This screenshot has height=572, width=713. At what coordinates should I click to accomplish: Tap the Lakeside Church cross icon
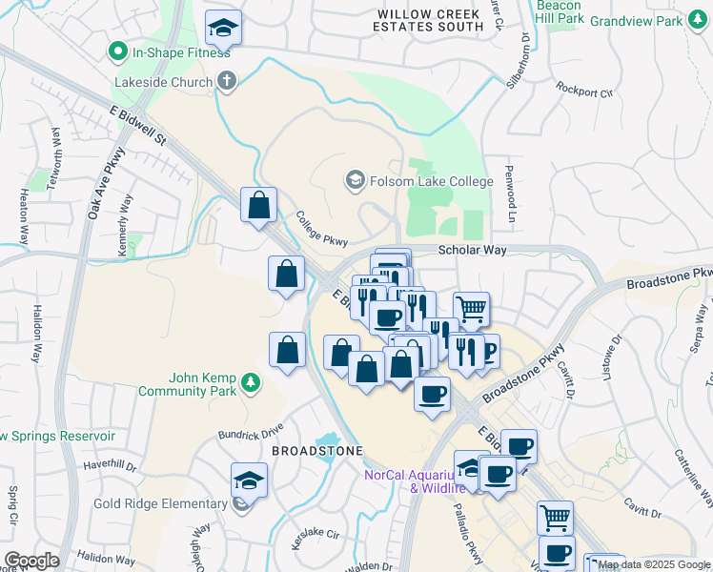tap(226, 80)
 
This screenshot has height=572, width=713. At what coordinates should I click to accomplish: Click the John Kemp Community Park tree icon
tap(251, 382)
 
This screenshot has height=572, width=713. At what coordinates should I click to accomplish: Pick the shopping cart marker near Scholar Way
tap(471, 309)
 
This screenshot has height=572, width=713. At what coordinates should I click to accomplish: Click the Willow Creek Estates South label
tap(430, 20)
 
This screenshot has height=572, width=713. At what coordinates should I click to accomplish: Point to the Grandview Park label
tap(650, 21)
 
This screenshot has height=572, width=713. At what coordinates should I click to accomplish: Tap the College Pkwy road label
tap(321, 229)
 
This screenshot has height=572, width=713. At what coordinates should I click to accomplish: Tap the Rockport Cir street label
tap(585, 92)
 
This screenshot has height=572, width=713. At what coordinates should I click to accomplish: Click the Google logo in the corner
tap(31, 560)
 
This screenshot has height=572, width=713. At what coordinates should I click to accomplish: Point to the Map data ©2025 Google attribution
tap(654, 564)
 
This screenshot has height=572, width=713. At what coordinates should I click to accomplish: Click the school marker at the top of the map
tap(224, 29)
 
